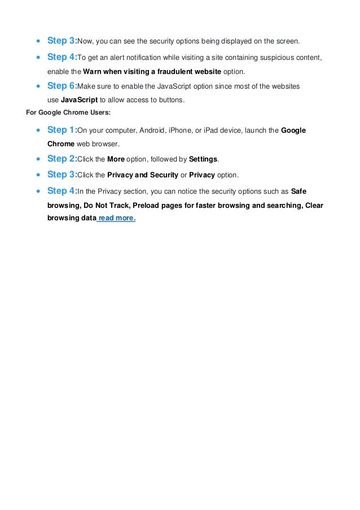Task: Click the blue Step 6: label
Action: click(62, 86)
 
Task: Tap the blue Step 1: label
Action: click(62, 130)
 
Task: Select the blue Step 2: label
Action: click(62, 159)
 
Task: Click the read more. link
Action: click(117, 217)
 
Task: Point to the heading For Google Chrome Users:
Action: click(68, 112)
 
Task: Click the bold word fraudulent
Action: click(170, 71)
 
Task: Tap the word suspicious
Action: click(267, 57)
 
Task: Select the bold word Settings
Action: click(203, 159)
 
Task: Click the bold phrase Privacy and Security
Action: click(142, 175)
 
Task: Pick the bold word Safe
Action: click(298, 191)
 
